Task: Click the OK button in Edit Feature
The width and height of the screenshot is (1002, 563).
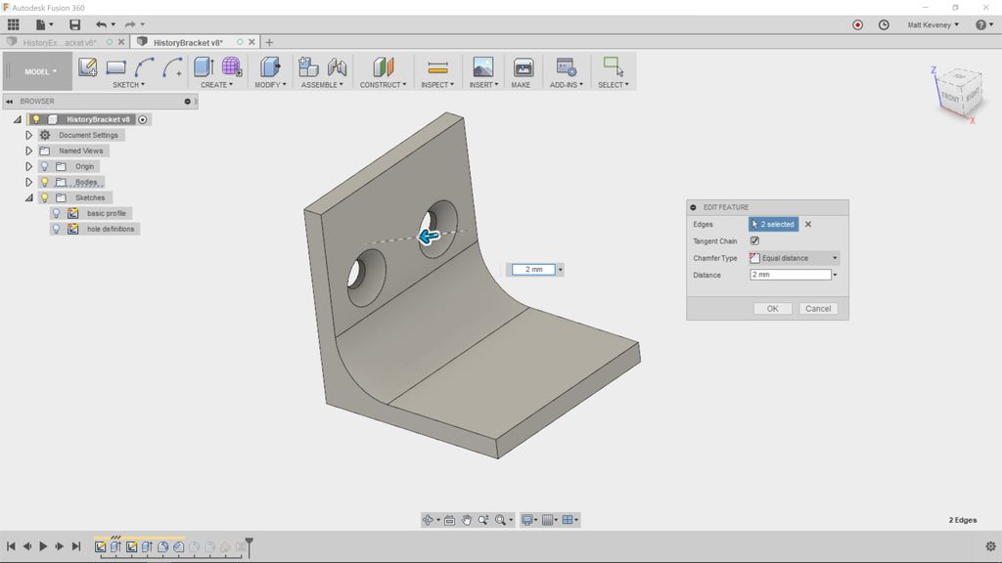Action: (x=772, y=309)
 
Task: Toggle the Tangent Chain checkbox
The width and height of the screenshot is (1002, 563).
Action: (x=754, y=241)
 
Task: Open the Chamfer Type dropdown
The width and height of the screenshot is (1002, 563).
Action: (x=794, y=258)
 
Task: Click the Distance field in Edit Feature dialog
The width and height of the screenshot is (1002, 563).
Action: (x=790, y=275)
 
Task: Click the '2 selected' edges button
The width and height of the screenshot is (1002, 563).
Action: (x=774, y=225)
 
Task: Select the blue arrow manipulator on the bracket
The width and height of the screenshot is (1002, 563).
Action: (x=428, y=237)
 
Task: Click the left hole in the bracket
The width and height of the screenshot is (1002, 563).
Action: (x=366, y=270)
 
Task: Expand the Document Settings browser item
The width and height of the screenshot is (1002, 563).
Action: (x=29, y=135)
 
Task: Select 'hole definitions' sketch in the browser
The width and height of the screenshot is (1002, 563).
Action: (x=112, y=229)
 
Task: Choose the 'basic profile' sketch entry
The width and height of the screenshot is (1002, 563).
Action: (x=107, y=213)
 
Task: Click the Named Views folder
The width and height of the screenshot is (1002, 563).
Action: (x=80, y=151)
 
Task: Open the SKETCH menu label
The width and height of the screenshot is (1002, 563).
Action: (x=127, y=85)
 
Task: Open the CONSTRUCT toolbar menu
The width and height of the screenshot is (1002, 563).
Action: (x=382, y=85)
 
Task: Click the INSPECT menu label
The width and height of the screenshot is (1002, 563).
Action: (x=436, y=85)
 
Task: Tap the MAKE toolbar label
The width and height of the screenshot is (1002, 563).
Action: (x=521, y=85)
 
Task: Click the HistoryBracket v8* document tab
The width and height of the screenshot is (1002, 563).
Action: (x=188, y=43)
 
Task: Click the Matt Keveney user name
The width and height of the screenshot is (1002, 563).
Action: (x=932, y=25)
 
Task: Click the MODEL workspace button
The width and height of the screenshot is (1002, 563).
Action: (x=39, y=71)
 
